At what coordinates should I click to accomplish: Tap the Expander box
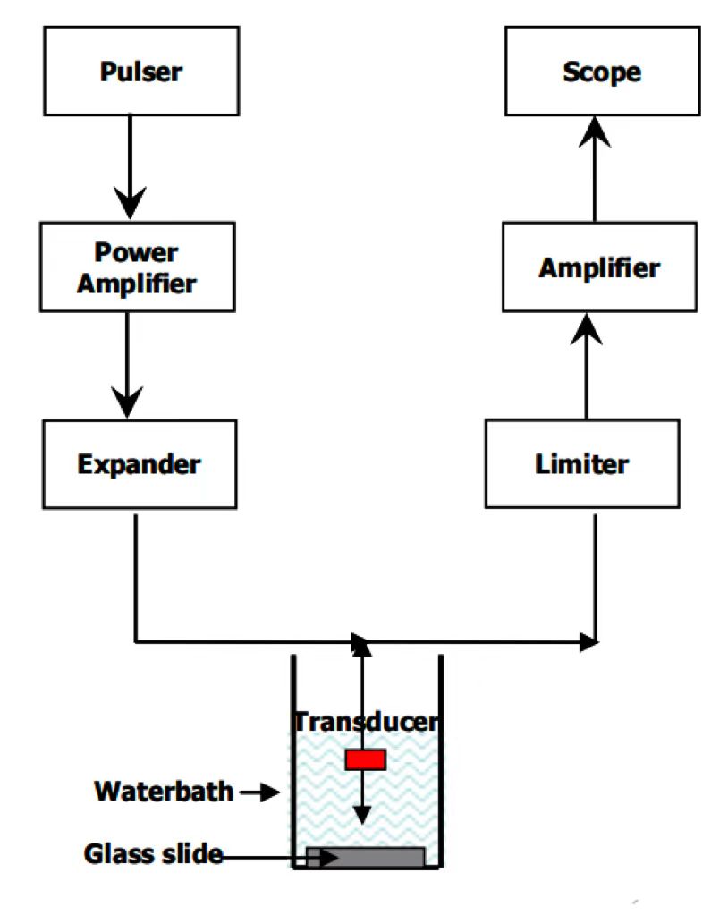(x=139, y=464)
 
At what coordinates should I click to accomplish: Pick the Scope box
(x=601, y=71)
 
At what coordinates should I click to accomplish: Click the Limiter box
(x=581, y=464)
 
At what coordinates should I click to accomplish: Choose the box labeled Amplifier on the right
(x=599, y=267)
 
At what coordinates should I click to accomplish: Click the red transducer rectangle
(x=365, y=759)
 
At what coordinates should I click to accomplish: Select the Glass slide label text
(x=152, y=853)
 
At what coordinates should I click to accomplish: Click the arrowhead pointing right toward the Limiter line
(x=589, y=640)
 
